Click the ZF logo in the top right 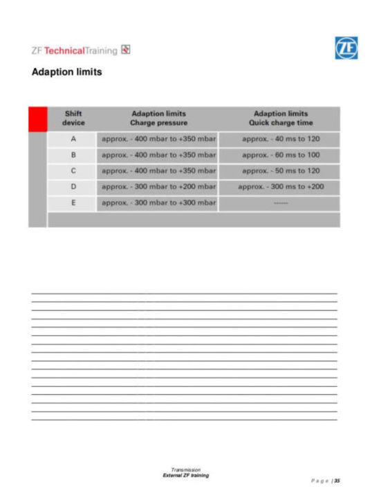[x=346, y=48]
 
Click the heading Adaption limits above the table [x=67, y=72]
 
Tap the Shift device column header [x=73, y=118]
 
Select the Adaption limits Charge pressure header [x=158, y=118]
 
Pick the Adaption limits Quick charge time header [x=280, y=118]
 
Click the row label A [x=73, y=139]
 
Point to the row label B [x=73, y=155]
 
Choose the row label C [x=73, y=171]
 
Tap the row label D [x=73, y=187]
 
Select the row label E [x=73, y=203]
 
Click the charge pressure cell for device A [x=158, y=139]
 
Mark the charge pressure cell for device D [x=158, y=187]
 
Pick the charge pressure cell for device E [x=158, y=203]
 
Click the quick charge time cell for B [x=280, y=155]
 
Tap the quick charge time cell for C [x=280, y=171]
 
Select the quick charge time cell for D [x=280, y=187]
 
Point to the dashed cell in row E [x=280, y=203]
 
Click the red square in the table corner [x=37, y=118]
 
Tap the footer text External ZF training [x=185, y=475]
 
